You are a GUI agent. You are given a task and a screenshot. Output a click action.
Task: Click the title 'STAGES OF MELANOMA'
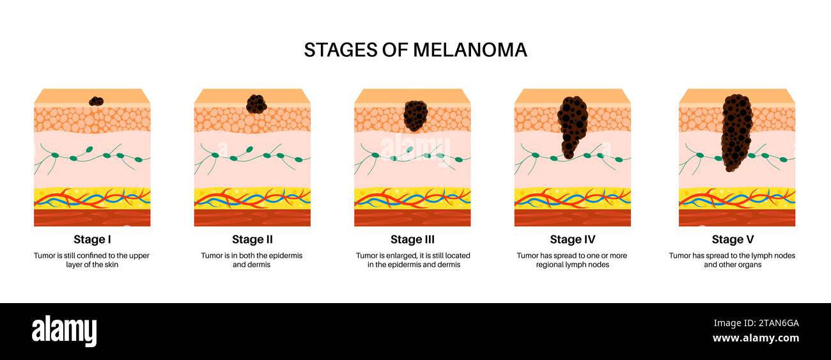(x=415, y=50)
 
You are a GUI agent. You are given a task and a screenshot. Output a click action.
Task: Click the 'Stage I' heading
(x=92, y=240)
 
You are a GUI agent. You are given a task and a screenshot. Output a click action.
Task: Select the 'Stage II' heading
(x=252, y=240)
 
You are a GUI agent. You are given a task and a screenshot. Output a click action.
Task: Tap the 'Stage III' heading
(x=412, y=240)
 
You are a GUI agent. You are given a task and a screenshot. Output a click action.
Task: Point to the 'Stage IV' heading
(x=572, y=240)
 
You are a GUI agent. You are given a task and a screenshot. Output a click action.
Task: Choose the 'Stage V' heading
(x=733, y=240)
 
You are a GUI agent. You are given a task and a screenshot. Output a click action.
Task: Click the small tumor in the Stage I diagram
(x=96, y=100)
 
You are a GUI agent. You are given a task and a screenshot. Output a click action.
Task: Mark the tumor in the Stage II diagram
(x=256, y=104)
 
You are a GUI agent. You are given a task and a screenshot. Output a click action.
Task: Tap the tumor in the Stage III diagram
(x=415, y=115)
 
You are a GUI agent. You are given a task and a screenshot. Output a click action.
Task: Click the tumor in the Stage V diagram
(x=736, y=132)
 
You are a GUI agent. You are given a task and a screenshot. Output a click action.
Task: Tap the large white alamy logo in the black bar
(x=64, y=332)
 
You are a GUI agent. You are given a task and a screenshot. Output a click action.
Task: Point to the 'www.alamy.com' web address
(x=756, y=338)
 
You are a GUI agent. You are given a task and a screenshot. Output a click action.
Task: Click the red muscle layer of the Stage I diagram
(x=92, y=218)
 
